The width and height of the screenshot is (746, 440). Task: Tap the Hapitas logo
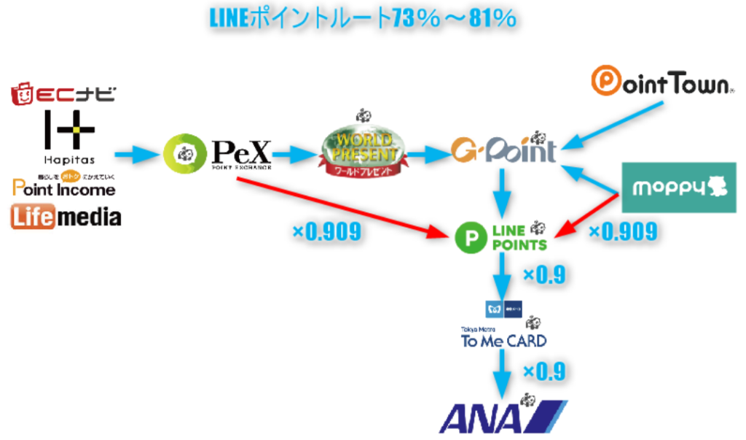68,136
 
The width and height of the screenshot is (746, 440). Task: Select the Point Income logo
64,187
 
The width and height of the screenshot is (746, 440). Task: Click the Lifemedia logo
66,217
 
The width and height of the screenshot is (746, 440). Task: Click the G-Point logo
503,150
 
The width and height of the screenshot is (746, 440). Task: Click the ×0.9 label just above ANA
544,371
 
